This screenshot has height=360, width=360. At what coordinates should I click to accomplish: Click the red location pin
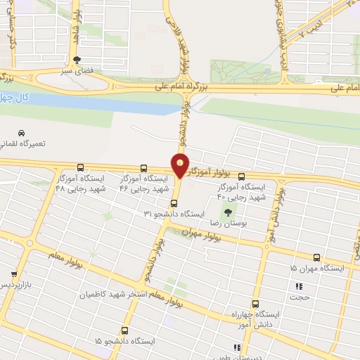[x=181, y=165]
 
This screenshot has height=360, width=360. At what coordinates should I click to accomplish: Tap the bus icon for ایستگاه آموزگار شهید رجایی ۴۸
[x=81, y=167]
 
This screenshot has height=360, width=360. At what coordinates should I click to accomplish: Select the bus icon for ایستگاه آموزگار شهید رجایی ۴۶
[x=144, y=168]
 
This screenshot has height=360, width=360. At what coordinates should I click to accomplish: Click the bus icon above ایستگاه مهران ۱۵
[x=317, y=258]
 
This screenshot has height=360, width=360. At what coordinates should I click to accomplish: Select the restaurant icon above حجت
[x=300, y=286]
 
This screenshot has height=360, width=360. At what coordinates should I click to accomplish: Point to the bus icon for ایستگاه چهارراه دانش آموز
[x=255, y=304]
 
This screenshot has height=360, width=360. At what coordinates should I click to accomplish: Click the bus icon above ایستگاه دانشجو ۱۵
[x=125, y=330]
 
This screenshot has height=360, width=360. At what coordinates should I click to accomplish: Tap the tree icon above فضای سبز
[x=77, y=60]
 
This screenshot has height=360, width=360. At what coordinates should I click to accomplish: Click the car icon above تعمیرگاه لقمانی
[x=22, y=133]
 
